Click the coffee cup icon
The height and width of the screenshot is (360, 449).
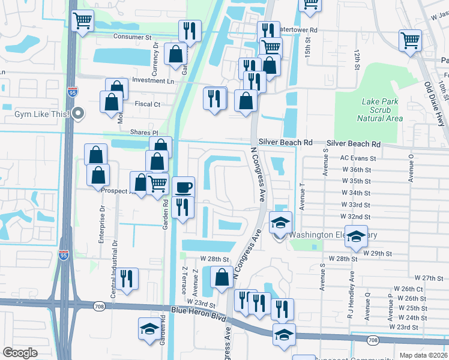pos(184,187)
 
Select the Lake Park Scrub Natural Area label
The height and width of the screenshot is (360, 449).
pos(379,110)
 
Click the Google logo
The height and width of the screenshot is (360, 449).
pos(20,352)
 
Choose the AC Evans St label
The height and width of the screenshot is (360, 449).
pos(358,159)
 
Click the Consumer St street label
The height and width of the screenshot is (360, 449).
pos(133,37)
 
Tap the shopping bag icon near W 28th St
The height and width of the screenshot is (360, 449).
pos(222,278)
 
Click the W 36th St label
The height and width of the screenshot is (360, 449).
pos(356,170)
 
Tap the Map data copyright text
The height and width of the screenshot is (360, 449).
pos(424,355)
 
